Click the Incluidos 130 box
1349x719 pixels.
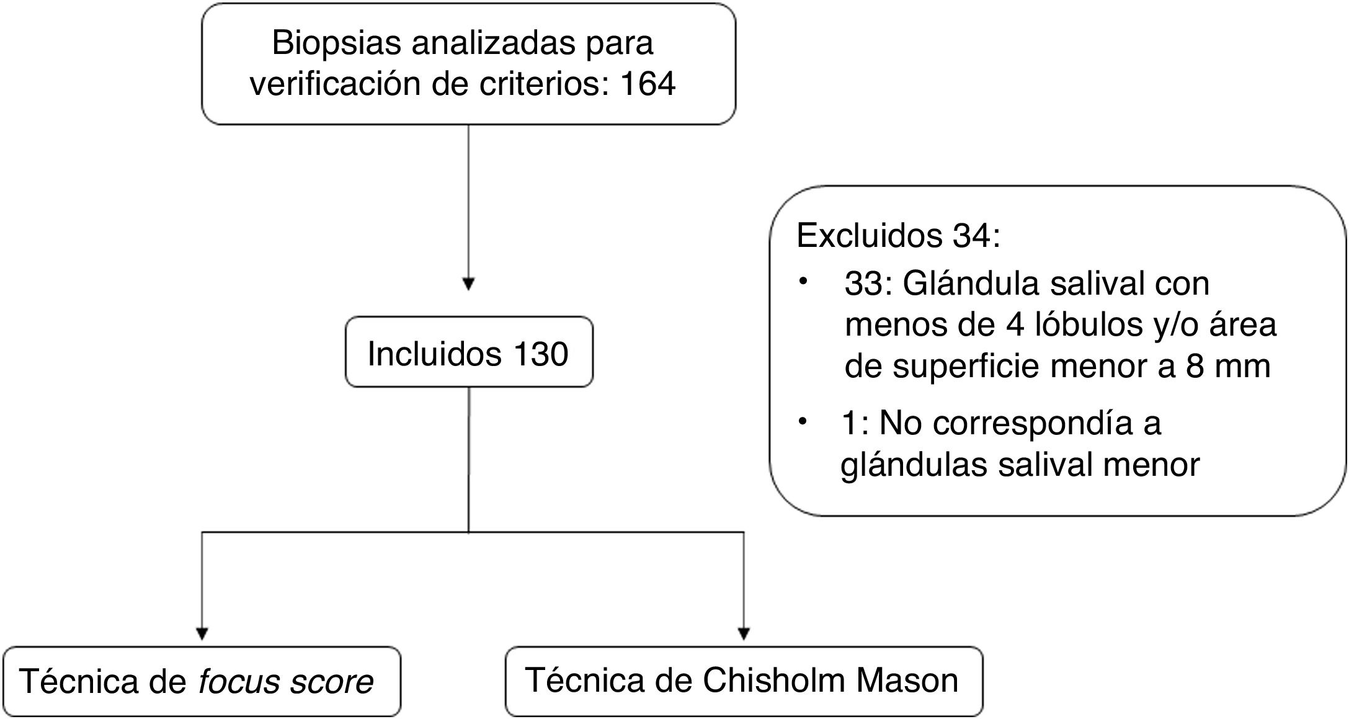[468, 353]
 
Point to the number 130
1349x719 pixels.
[540, 354]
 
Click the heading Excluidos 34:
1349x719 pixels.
[898, 236]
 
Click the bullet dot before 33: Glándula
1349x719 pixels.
[804, 282]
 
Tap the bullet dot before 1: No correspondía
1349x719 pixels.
[804, 422]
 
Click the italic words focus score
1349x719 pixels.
[286, 681]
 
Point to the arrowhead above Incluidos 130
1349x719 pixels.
[468, 284]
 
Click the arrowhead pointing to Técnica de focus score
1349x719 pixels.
[201, 633]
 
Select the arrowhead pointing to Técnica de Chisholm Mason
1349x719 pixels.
[744, 633]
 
